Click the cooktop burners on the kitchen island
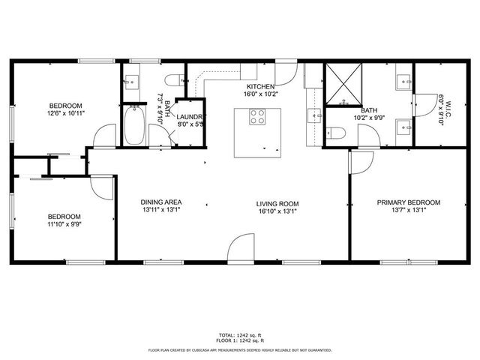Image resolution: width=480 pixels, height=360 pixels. click(256, 117)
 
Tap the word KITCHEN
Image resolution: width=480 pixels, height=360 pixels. click(259, 87)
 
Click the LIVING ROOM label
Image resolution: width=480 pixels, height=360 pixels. click(277, 203)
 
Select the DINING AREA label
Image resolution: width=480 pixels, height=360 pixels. click(161, 202)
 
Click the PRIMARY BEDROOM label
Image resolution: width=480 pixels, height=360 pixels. click(408, 202)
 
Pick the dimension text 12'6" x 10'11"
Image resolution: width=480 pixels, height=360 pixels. click(66, 114)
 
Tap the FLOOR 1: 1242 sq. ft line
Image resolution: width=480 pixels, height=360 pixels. click(239, 340)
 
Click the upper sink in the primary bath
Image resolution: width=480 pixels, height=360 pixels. click(403, 79)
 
